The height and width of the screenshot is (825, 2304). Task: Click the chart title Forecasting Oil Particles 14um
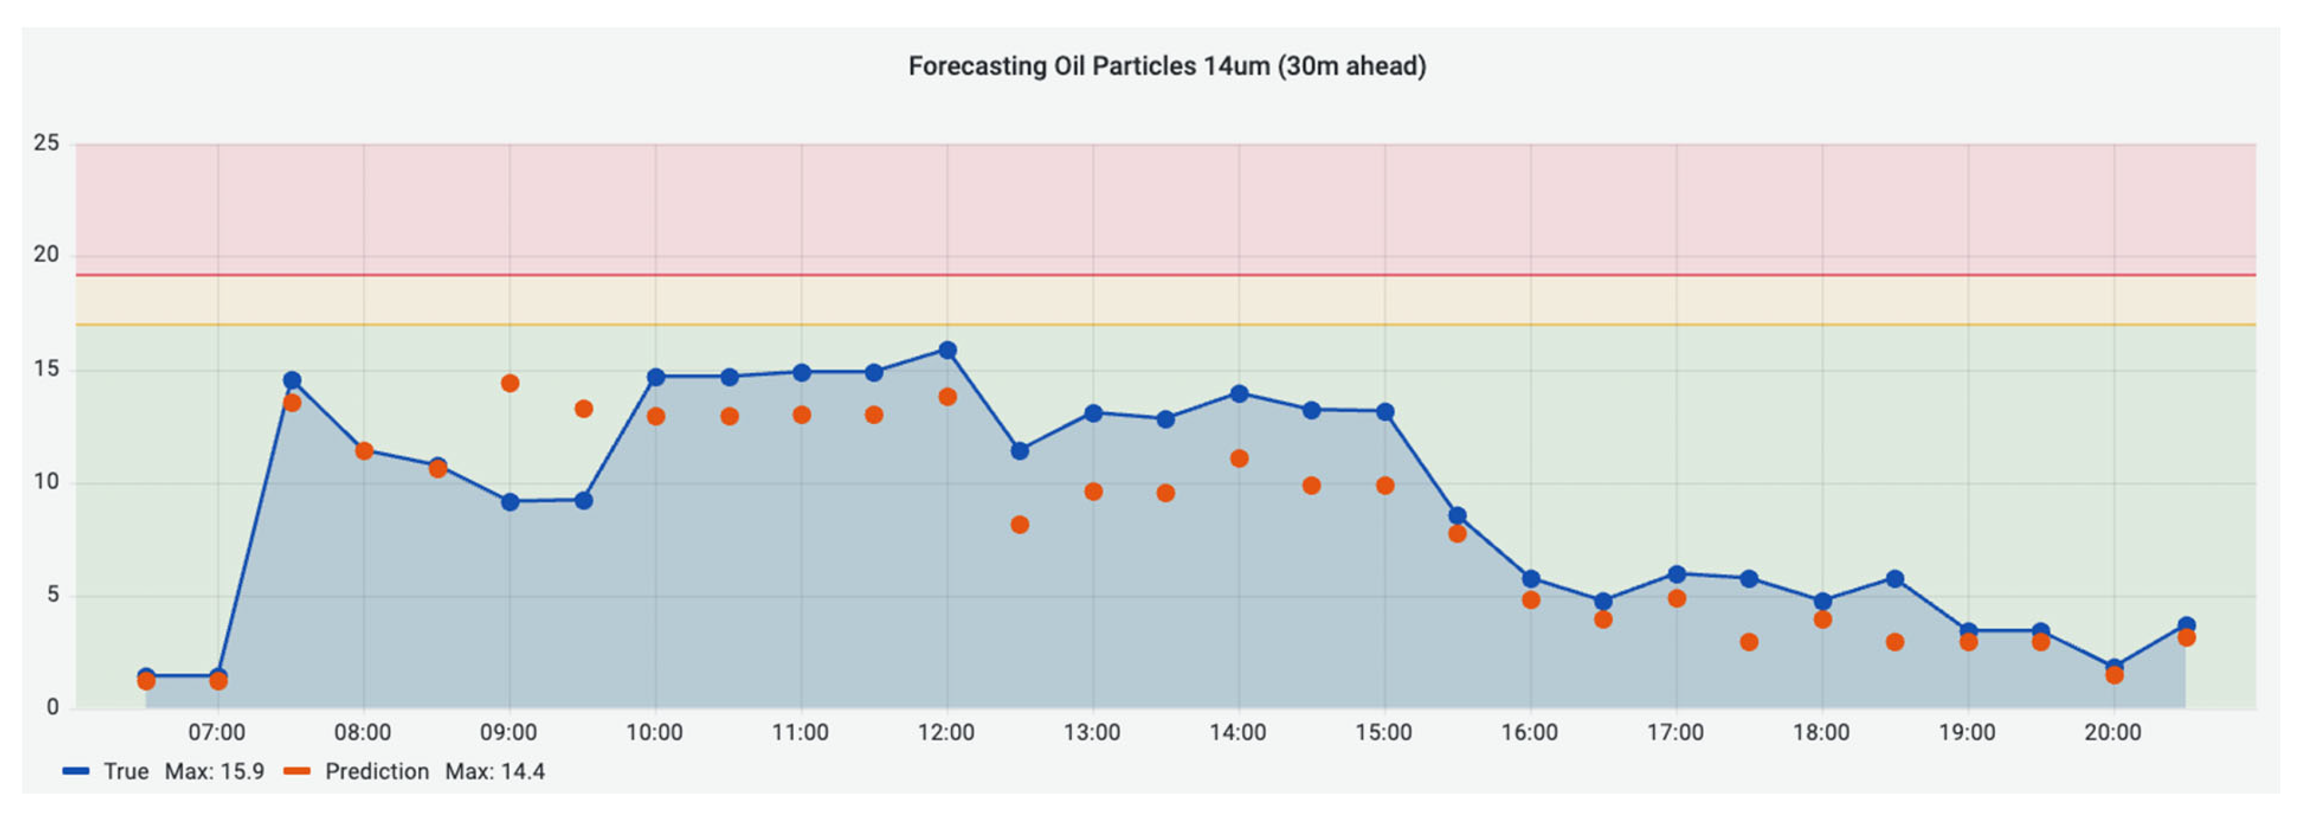[1166, 66]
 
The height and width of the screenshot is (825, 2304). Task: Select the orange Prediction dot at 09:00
[510, 383]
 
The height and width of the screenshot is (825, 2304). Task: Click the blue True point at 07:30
[292, 381]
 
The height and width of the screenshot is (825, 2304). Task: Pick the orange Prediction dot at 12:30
[1020, 525]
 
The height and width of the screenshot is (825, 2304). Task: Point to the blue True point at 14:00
[1238, 393]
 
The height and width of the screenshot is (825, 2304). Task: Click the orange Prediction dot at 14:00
[1238, 459]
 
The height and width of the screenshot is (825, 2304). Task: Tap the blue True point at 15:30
[1457, 516]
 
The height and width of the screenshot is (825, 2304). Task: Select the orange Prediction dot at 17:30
[1749, 642]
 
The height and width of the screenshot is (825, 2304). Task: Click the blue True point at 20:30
[2186, 626]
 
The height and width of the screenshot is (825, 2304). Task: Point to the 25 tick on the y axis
[47, 143]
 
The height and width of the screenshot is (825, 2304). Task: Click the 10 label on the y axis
[47, 482]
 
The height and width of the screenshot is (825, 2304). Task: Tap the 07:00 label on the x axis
[216, 733]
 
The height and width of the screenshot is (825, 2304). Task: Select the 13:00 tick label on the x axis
[1091, 733]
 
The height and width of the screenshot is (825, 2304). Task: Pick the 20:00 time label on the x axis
[2113, 733]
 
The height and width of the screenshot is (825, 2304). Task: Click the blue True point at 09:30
[583, 501]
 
